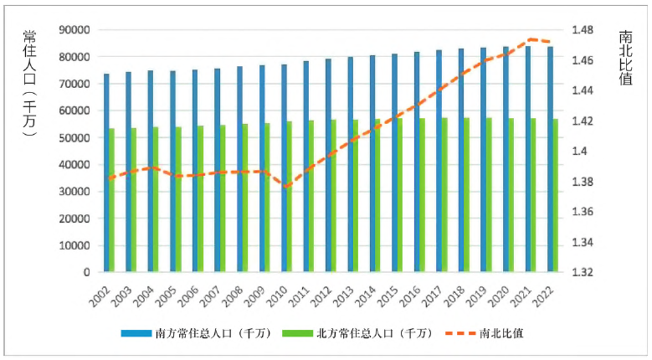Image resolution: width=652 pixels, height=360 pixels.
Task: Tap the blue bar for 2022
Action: click(550, 159)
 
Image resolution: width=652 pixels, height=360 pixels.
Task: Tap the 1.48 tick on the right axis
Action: click(582, 30)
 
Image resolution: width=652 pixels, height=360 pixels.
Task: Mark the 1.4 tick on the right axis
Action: click(579, 152)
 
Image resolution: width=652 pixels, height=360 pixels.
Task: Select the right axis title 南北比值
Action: click(626, 64)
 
